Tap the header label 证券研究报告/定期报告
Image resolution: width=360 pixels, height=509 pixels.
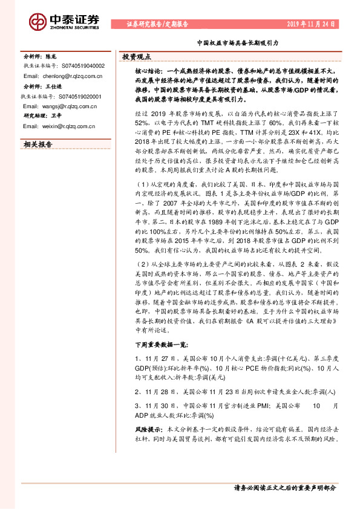tap(157, 24)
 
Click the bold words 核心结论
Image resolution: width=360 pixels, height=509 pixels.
tap(146, 71)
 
